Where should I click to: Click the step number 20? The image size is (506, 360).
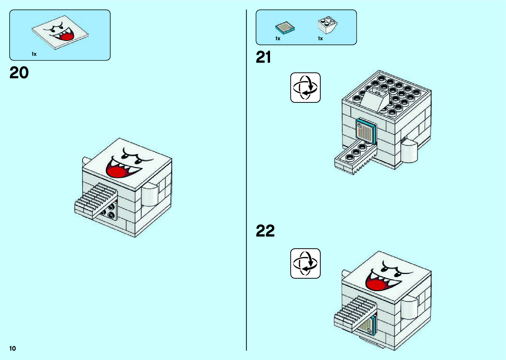point(19,73)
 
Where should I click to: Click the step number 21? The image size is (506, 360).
point(263,58)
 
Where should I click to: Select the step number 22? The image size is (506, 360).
point(265,231)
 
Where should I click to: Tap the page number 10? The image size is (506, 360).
point(13,348)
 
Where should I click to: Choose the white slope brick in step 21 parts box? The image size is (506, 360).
point(327,25)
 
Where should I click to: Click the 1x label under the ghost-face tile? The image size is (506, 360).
point(34,54)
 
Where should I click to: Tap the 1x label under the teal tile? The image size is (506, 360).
point(278,39)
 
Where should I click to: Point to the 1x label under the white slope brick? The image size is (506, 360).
point(320,39)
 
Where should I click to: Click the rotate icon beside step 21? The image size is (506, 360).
point(305,88)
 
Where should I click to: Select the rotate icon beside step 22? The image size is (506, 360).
point(305,263)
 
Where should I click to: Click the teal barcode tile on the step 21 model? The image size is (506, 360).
point(366,132)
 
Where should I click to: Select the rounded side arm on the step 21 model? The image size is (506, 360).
point(409,151)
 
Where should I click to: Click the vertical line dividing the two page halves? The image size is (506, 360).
point(246,180)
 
